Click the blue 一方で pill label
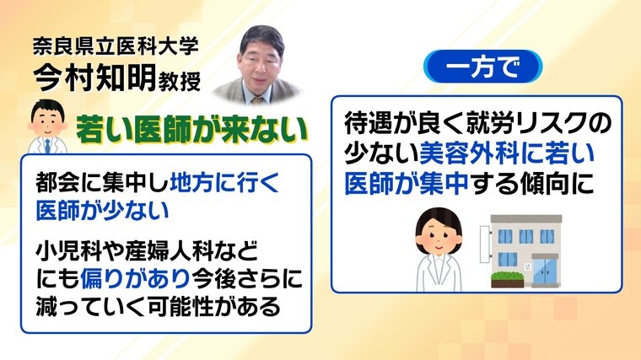coord(482,67)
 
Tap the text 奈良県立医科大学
coord(116,46)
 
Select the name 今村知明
coord(94,78)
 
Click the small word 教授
coord(179,81)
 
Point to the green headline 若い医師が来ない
coord(191,131)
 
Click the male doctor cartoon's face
coord(48,121)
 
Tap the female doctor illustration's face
coord(439,236)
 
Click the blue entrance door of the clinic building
coord(545,271)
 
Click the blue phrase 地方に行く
coord(224,183)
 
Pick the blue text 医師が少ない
coord(102,211)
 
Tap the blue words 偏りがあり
coord(135,279)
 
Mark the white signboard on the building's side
coord(486,244)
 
